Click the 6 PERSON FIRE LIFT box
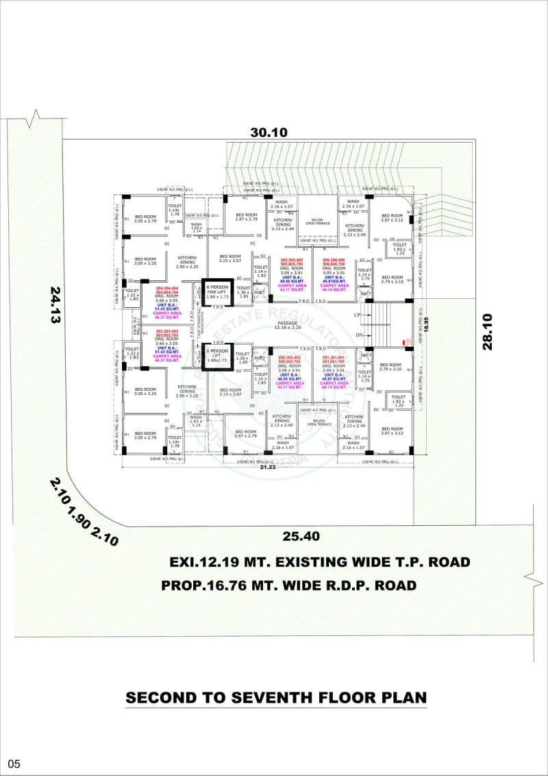point(217,292)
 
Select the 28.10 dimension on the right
point(487,332)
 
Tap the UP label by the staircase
point(356,315)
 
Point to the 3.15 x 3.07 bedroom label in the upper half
point(230,260)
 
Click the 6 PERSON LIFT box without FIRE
point(217,354)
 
